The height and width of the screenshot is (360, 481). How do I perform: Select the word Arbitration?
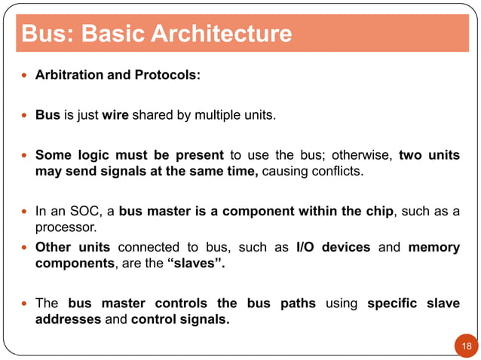[x=69, y=76]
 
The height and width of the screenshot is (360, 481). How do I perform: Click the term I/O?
[x=308, y=247]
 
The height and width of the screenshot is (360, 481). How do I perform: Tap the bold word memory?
[x=434, y=247]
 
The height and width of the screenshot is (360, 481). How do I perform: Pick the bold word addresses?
[x=68, y=319]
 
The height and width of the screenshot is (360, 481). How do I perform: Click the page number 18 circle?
[x=466, y=346]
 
